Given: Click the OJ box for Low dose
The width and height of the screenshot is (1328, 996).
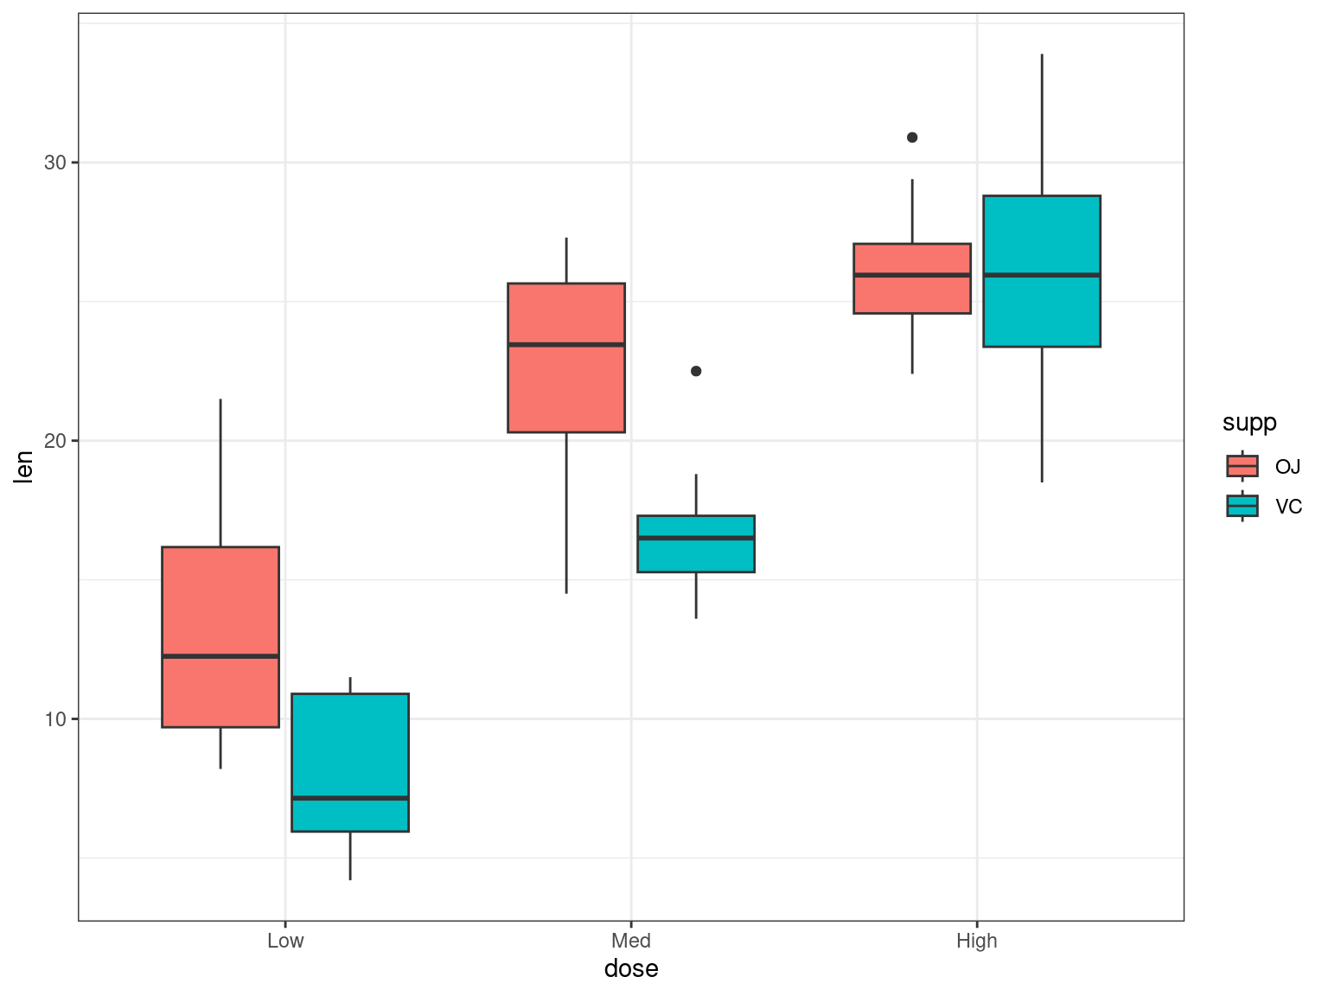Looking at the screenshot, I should pos(220,605).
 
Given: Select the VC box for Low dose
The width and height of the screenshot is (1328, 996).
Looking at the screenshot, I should pos(350,744).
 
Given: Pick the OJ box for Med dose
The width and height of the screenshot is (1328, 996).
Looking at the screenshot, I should pos(566,389).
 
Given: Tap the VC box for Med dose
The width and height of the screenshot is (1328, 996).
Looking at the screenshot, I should pos(696,553).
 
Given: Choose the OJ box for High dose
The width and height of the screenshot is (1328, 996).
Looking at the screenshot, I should pos(912,294).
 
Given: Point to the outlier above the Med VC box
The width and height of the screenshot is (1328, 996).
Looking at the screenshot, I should pos(696,371).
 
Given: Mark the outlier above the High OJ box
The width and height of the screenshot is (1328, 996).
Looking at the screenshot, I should pos(912,137).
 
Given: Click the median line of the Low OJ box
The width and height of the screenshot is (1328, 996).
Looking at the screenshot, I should pos(220,656).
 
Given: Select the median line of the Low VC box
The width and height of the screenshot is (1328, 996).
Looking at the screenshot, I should pos(350,797).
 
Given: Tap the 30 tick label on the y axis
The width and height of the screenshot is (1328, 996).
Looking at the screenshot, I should pos(55,163).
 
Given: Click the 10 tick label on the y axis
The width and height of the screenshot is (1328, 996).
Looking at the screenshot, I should pos(55,719).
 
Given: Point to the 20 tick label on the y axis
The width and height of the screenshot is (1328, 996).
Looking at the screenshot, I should pos(55,441).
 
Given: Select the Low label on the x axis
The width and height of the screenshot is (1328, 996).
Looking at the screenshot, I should pos(285,941).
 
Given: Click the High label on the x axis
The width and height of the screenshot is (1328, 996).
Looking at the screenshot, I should pos(977,941).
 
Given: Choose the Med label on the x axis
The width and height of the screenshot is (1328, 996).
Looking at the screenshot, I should pos(631,941).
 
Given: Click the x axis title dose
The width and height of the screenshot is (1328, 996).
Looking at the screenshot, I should pos(631,968).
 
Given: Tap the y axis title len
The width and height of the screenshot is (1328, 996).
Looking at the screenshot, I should pos(23,467).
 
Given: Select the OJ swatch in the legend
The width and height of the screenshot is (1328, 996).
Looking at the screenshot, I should pos(1242,466).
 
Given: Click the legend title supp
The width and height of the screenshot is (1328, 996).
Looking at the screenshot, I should pos(1249,423).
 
